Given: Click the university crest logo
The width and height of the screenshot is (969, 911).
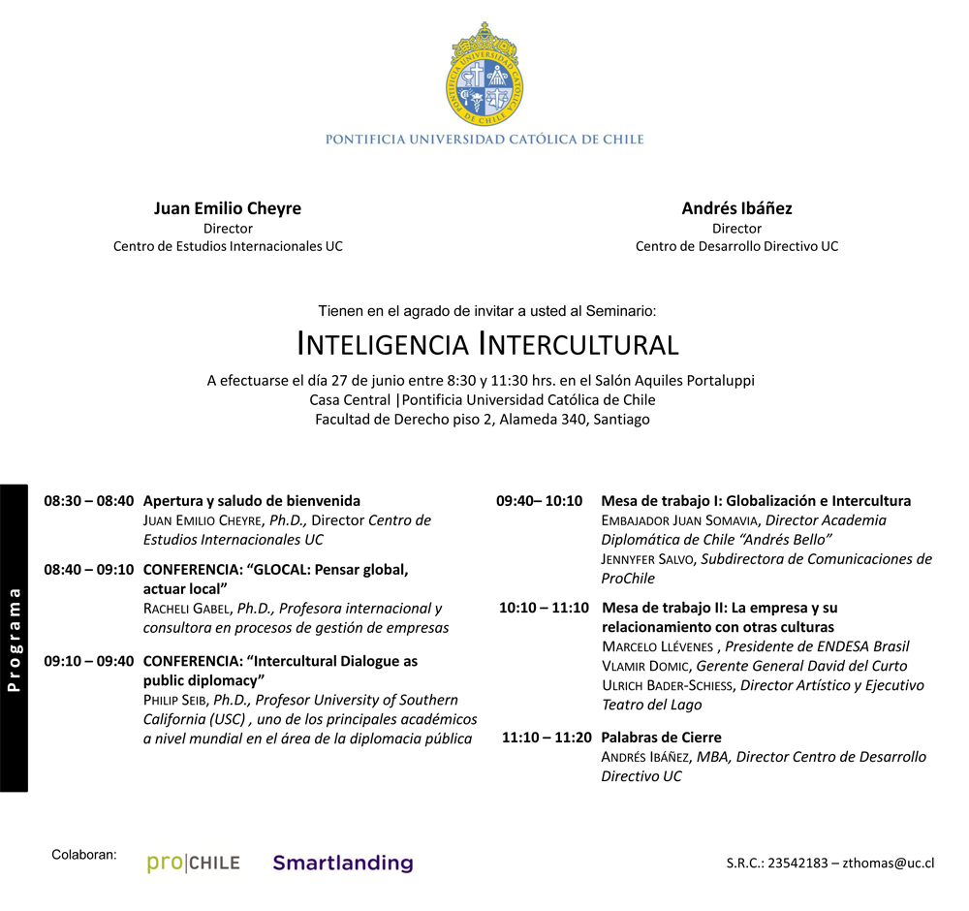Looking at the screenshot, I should pos(484,73).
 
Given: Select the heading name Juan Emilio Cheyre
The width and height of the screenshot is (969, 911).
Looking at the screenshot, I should pos(228,208).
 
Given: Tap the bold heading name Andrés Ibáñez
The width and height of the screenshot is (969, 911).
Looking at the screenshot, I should pos(736,208).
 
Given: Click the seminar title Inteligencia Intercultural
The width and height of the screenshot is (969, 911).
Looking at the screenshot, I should pos(487,344).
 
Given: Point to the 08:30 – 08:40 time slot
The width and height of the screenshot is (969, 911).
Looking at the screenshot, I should pos(88,501).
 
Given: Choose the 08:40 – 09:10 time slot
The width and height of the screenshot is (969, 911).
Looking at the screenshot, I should pos(88,570).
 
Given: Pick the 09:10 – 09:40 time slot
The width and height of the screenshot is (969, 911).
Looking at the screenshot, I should pos(88,661).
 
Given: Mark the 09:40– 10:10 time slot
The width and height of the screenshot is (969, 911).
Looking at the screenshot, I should pos(540,501).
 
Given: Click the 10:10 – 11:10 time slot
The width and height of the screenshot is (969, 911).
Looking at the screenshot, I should pos(544,608).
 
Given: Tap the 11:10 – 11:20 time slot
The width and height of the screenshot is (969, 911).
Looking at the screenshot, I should pos(547,738).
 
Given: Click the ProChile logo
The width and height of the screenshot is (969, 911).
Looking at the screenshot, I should pos(193,863).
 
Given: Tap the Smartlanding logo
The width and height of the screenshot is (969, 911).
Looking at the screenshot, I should pos(342,863).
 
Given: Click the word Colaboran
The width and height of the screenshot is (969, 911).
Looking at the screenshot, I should pos(84,855).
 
